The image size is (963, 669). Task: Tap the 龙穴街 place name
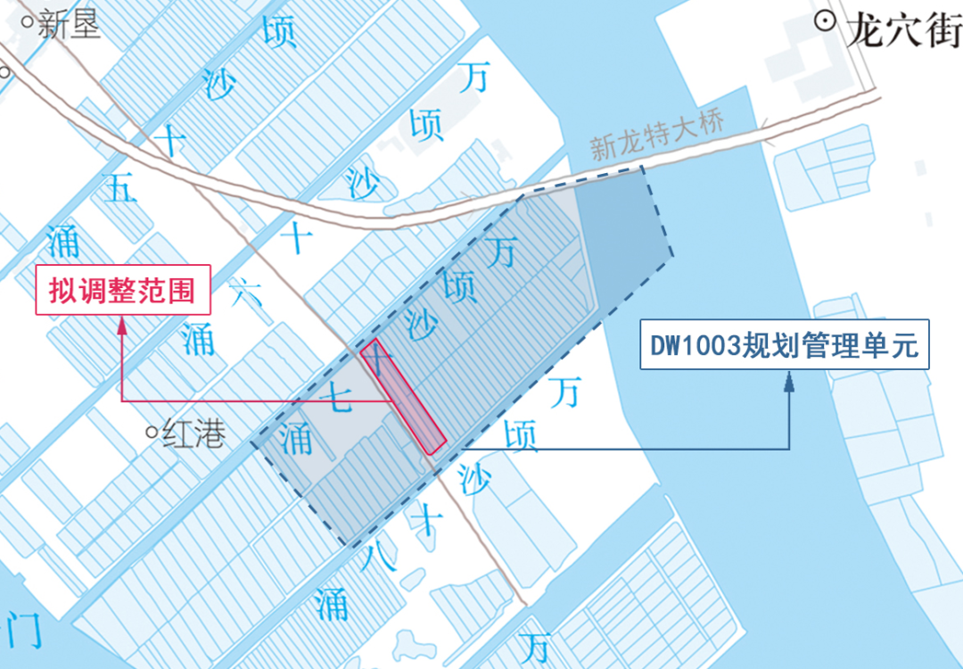click(x=901, y=31)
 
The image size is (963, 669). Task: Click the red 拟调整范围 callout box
click(x=122, y=290)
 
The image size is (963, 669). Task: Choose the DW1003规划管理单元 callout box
click(x=785, y=344)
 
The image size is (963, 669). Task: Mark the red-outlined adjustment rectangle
click(x=403, y=396)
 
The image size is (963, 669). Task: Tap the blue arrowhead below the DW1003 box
click(x=789, y=382)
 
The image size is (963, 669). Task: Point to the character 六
click(x=245, y=293)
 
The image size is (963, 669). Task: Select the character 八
click(x=378, y=557)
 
